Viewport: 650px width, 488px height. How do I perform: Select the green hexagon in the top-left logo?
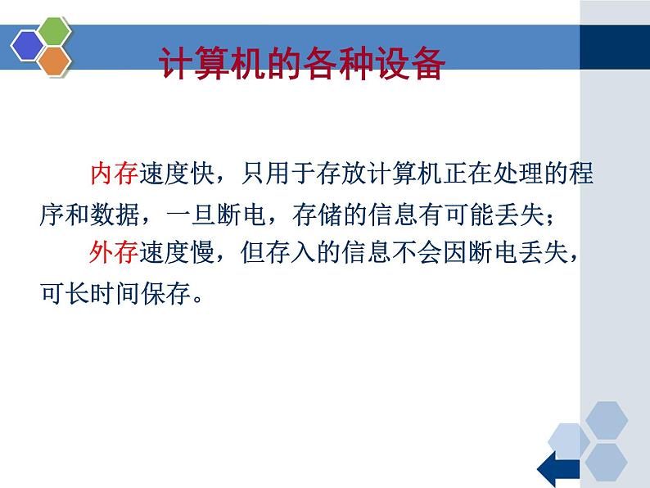(54, 33)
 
